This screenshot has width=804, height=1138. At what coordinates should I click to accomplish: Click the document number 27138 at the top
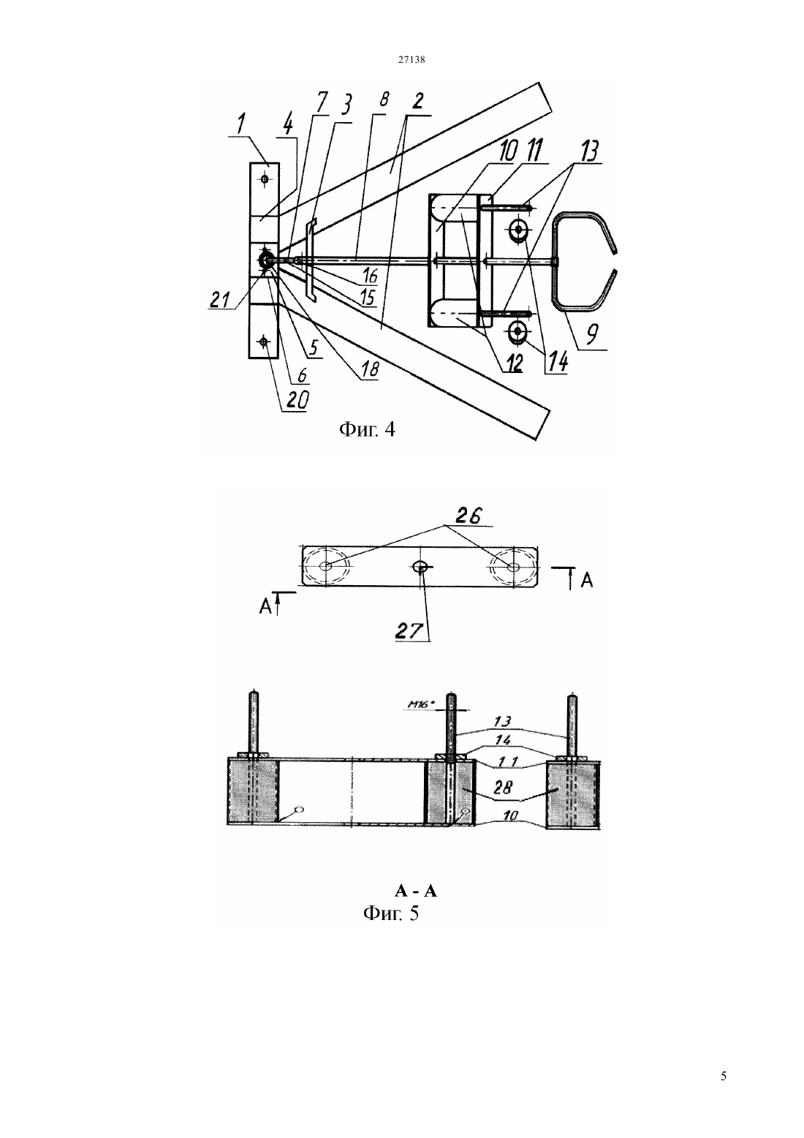click(x=411, y=59)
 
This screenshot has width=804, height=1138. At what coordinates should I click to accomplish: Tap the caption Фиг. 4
click(x=366, y=430)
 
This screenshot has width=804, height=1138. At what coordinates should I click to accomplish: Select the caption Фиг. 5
click(x=391, y=913)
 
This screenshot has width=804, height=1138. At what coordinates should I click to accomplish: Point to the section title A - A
click(x=416, y=891)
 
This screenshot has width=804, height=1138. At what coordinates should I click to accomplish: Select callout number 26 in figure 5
click(x=467, y=516)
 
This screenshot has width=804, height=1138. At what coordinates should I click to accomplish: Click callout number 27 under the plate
click(x=410, y=631)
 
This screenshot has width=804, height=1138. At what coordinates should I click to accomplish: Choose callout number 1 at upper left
click(x=240, y=124)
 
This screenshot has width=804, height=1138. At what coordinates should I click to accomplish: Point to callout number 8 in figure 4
click(x=383, y=99)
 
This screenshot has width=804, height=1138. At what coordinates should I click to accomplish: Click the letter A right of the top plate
click(x=586, y=580)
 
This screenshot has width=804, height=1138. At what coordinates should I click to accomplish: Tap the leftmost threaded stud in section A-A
click(x=254, y=723)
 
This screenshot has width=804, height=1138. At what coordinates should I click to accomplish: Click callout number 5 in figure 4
click(x=314, y=347)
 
